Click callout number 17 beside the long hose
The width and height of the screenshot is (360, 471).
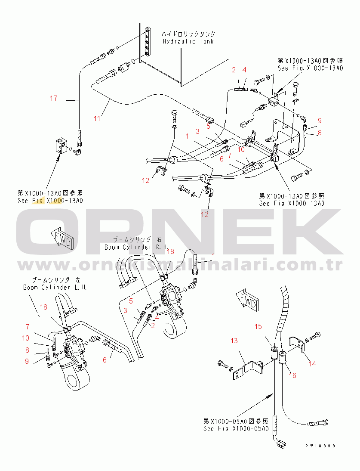point(53,99)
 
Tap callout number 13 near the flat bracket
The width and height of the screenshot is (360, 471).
point(234,341)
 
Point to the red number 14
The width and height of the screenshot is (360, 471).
point(312,364)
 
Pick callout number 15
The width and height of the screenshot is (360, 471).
point(258,327)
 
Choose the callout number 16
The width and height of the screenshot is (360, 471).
point(293,375)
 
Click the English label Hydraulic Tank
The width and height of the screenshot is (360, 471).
point(188,42)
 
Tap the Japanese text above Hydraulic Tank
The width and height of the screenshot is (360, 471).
point(188,34)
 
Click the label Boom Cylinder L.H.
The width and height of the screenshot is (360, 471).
point(55,287)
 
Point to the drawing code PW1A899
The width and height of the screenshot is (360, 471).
point(320,446)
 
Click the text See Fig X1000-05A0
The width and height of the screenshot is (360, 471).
point(236,429)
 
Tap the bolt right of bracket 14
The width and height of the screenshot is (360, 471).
point(317,334)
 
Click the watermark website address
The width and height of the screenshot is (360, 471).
point(180,264)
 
